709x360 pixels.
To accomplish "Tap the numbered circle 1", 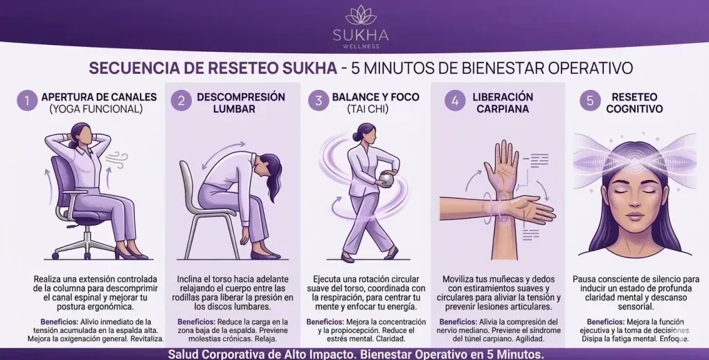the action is point(27,100).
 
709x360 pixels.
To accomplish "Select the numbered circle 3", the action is point(318,100).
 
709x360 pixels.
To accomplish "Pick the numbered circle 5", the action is point(590,100).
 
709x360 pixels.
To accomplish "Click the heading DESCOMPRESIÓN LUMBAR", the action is point(240,102).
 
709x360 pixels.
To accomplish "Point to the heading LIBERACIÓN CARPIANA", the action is point(503,102).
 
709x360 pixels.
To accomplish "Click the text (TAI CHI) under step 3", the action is point(368,109).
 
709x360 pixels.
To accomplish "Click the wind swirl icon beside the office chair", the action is point(116,160).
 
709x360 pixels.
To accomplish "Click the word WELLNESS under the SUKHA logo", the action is point(360,46).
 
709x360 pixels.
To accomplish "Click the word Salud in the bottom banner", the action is point(182,354).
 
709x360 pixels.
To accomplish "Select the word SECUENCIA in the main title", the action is point(125,69).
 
